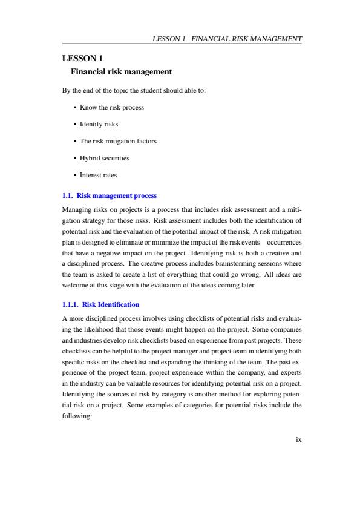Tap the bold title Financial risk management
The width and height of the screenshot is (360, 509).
(x=122, y=72)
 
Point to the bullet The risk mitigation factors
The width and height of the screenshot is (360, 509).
(x=118, y=141)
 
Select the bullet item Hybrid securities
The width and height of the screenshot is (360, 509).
(x=105, y=158)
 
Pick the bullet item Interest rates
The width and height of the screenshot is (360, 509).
(x=100, y=175)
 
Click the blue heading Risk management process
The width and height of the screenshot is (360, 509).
(x=116, y=195)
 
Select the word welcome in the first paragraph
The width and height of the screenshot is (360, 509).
(x=75, y=285)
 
